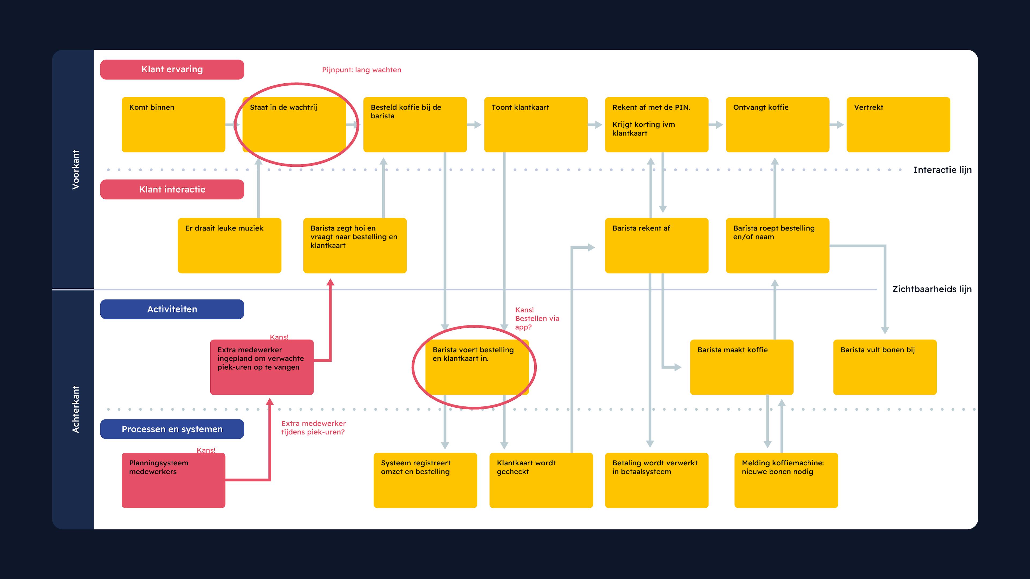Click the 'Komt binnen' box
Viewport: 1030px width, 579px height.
[x=173, y=124]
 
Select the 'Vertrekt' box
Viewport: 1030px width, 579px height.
[x=898, y=124]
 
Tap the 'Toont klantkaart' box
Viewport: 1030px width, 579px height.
[x=536, y=124]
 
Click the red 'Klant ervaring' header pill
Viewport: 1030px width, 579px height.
[x=172, y=69]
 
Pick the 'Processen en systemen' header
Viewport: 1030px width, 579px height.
[x=172, y=429]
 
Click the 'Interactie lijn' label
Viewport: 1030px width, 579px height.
[x=942, y=170]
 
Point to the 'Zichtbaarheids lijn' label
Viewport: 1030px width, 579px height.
[x=932, y=289]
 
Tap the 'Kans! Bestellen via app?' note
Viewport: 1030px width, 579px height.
[x=536, y=318]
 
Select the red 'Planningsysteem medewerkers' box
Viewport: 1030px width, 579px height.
[x=173, y=480]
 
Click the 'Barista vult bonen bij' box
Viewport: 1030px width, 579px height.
[x=884, y=367]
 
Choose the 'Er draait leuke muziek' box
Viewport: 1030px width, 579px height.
[x=229, y=245]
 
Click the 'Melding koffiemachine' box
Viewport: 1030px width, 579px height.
[x=786, y=480]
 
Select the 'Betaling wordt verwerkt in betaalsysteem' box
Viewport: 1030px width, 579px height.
[x=657, y=480]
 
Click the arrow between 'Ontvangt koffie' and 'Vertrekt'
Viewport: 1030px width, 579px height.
[x=837, y=125]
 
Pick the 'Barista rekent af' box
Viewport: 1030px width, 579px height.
[x=657, y=245]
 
